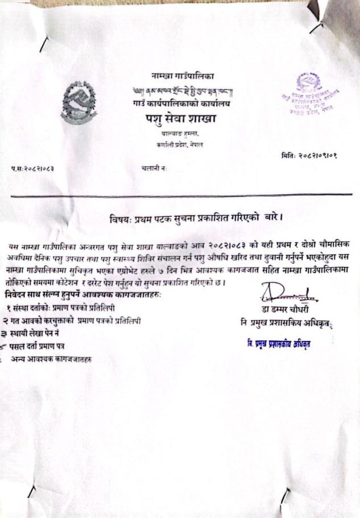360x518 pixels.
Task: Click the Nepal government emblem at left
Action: pyautogui.click(x=78, y=102)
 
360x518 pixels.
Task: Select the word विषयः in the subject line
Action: pyautogui.click(x=120, y=219)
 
